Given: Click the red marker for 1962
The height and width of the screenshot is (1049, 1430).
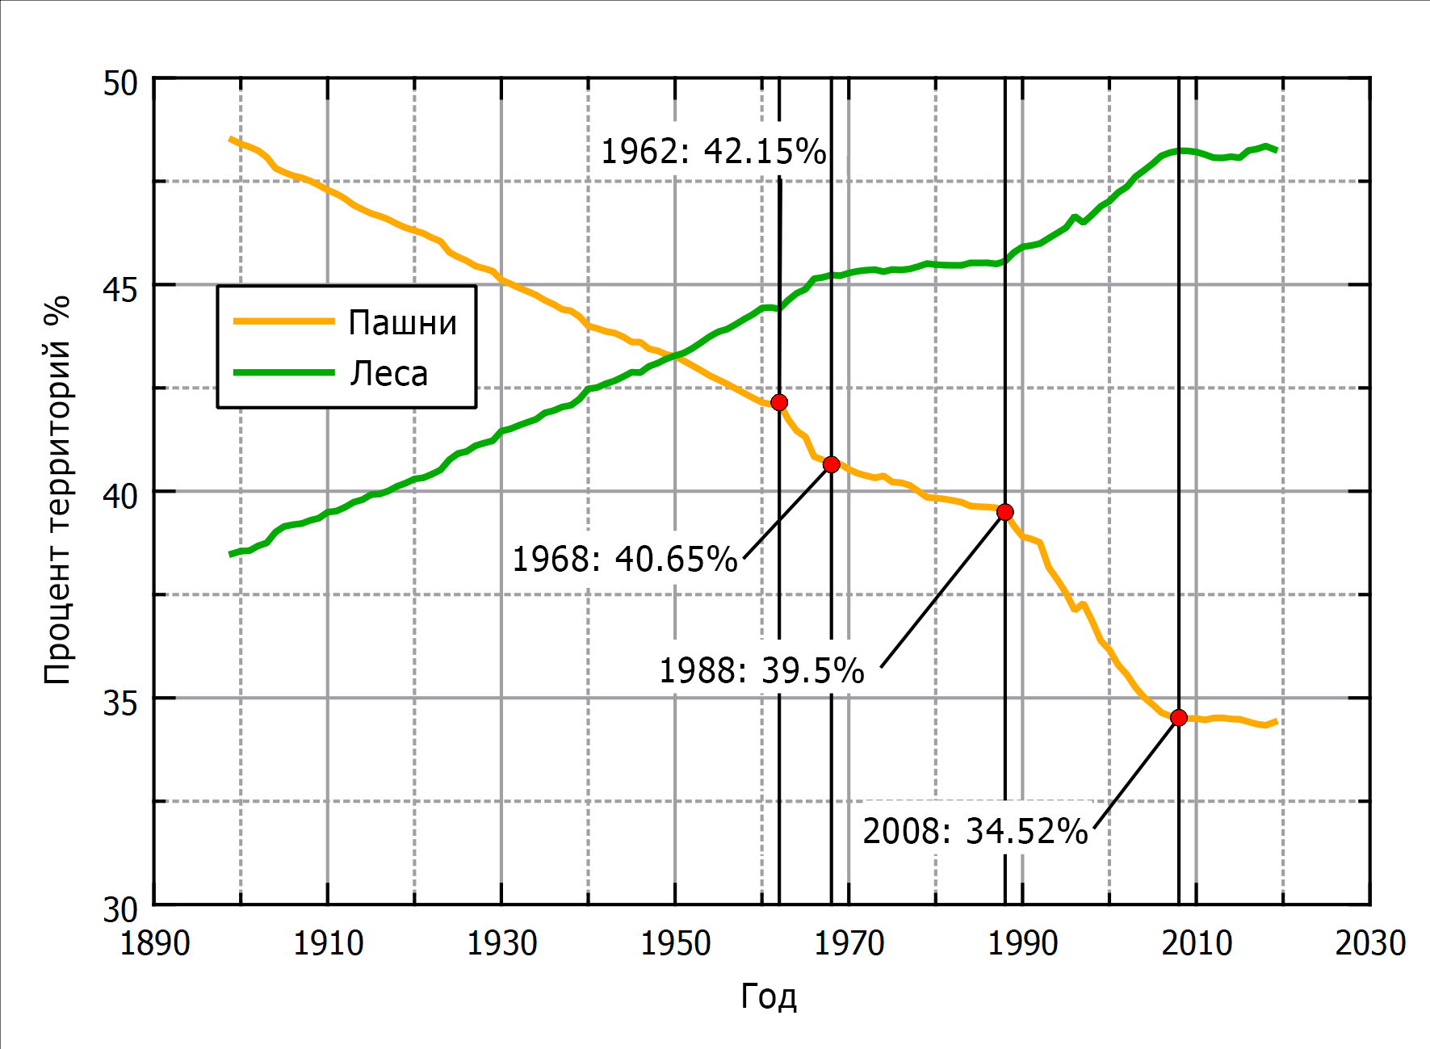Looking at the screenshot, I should point(779,402).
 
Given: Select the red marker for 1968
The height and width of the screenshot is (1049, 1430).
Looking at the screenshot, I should point(831,464).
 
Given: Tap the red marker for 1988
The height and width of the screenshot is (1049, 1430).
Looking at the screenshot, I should point(1004,512).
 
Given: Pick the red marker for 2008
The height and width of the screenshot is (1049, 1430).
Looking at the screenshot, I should point(1178,718).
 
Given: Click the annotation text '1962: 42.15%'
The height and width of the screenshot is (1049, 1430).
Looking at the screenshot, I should point(713,152).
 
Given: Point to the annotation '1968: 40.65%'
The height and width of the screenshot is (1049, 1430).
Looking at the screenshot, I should point(625,559).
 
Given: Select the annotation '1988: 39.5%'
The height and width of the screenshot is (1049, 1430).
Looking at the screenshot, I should point(761,671).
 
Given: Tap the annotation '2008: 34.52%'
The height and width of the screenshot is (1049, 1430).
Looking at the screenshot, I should point(975,832).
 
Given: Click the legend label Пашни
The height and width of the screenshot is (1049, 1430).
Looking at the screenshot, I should point(402,323).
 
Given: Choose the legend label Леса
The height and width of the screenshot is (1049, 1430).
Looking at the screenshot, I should point(388,374).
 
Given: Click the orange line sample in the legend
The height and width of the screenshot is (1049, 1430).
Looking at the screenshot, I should point(283,321).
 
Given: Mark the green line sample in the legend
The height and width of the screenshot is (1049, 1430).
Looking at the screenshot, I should point(283,372).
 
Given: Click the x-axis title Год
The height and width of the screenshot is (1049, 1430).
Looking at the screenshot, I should point(769,997).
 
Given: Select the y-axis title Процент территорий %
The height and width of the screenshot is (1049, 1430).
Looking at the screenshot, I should point(58,490).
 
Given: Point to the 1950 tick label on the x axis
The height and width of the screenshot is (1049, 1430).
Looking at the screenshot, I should point(675,943).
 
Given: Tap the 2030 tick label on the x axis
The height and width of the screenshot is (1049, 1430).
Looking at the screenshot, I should point(1370,943).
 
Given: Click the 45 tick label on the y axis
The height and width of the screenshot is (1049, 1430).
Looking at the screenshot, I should point(120,288).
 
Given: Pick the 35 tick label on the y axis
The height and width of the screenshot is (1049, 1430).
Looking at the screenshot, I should point(120,702).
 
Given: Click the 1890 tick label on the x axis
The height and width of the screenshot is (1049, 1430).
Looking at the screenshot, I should point(154,943).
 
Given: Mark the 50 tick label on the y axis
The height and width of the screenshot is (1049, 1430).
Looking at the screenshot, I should point(120,83).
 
